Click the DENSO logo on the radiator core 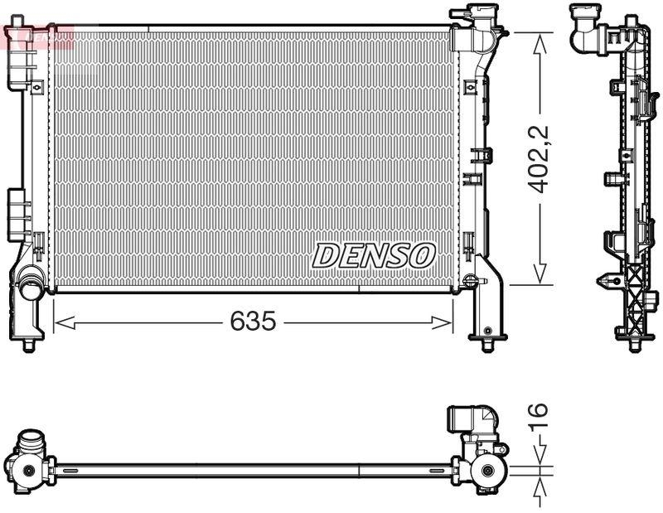tap(373, 255)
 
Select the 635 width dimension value tap(253, 322)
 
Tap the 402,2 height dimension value tap(540, 159)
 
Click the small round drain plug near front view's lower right tap(471, 281)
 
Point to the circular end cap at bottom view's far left tap(27, 471)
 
